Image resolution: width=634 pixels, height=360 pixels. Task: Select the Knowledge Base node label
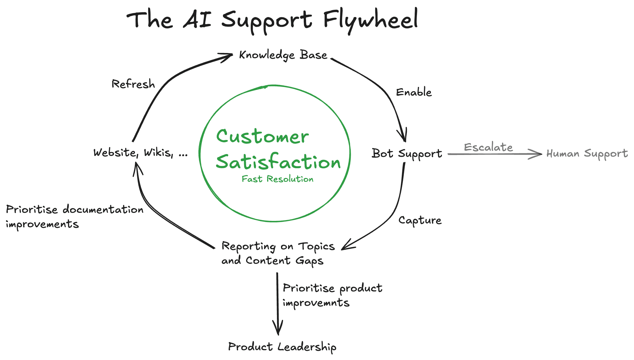283,55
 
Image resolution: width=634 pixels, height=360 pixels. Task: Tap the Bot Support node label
407,154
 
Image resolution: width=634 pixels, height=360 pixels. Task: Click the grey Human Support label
587,154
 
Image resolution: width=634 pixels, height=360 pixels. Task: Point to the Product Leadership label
282,347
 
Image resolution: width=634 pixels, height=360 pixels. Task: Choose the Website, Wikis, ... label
140,152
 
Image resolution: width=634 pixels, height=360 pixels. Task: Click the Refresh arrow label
133,84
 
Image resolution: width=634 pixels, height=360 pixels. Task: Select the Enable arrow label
414,92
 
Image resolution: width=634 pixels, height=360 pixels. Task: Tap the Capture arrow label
420,220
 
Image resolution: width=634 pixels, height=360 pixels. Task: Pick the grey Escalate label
488,147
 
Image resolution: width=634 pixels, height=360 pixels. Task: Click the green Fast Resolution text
277,179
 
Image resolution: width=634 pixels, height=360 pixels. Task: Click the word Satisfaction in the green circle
278,162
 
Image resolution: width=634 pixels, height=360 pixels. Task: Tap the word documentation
103,209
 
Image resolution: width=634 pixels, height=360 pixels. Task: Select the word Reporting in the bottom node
248,247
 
